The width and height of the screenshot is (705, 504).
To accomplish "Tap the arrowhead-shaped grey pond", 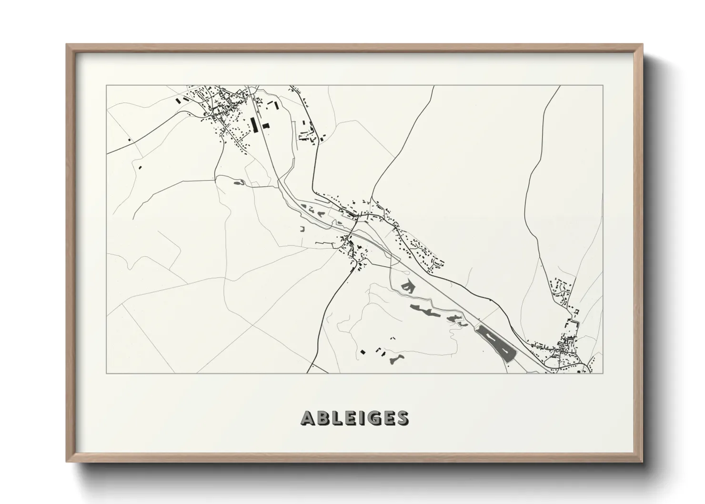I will click(x=406, y=286).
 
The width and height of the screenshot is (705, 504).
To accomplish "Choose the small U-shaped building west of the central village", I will click(x=302, y=229).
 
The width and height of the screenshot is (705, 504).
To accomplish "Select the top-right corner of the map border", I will click(x=603, y=86).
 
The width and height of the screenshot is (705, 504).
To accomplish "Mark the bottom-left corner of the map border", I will click(x=106, y=373).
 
